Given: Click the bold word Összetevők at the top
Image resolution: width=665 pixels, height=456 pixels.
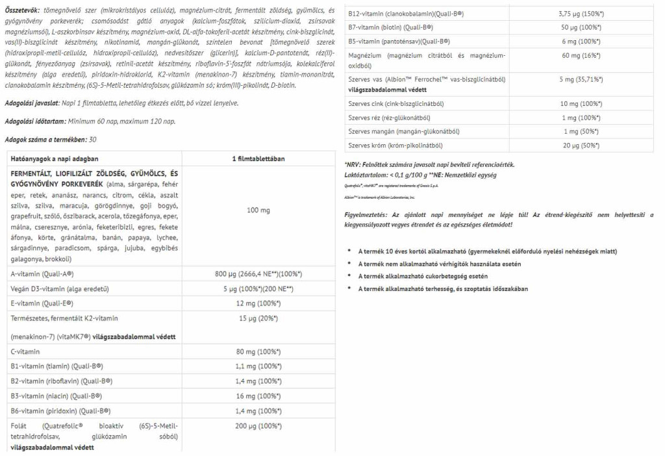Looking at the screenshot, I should point(22,10).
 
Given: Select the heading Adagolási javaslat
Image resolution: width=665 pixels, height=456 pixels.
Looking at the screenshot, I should point(33,103).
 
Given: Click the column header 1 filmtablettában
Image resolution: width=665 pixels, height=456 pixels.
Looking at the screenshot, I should point(258,158).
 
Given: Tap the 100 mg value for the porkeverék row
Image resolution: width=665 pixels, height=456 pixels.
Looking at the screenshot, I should point(258,210).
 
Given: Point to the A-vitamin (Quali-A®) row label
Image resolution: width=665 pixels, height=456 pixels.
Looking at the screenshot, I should point(42,273).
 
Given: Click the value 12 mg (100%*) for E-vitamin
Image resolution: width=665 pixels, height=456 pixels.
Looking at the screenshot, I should point(258,303).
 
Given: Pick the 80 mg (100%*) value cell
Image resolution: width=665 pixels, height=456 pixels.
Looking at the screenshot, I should point(258,351).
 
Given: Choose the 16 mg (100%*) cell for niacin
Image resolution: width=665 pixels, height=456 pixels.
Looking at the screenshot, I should point(258,396).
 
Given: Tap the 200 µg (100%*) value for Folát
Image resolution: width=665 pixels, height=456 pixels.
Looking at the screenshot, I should point(258,425).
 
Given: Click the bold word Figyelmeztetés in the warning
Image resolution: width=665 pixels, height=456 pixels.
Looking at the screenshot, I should point(366,215).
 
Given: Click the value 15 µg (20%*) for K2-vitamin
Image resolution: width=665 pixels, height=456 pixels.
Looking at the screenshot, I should point(258,318).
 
